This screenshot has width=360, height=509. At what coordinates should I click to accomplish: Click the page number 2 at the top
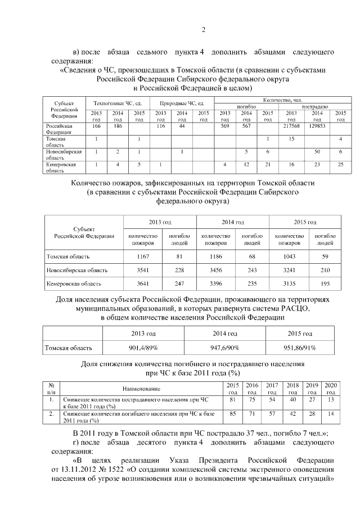coord(204,30)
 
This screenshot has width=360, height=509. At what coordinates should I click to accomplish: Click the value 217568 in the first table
coord(291,127)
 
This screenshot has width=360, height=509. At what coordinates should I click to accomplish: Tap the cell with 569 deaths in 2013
coord(224,127)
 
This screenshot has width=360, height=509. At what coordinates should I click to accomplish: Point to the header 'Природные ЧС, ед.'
coord(182,103)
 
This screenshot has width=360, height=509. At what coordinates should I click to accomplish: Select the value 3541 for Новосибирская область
coord(143,270)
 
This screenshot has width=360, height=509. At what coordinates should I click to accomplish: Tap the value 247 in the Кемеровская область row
coord(179,283)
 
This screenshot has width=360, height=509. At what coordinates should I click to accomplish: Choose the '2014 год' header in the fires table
coord(232,222)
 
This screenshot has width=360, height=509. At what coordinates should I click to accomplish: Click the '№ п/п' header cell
coord(51,388)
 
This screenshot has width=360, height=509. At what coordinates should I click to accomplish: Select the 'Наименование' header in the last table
coord(142,389)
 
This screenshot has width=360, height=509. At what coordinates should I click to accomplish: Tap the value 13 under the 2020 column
coord(331,399)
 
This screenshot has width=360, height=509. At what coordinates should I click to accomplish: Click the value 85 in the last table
coord(232,413)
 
